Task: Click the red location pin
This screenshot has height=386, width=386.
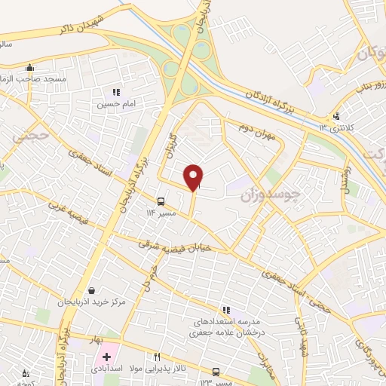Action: click(194, 176)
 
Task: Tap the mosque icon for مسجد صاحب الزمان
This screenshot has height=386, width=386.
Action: click(29, 67)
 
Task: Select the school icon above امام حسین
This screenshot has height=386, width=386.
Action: click(116, 92)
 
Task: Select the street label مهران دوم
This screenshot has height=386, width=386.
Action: click(254, 128)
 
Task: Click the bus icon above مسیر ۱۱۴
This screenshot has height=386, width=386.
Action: click(161, 201)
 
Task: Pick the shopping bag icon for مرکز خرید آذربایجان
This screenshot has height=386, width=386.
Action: click(91, 290)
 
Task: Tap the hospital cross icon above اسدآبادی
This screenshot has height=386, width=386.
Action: click(108, 355)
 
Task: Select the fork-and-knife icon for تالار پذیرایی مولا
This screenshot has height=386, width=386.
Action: click(158, 357)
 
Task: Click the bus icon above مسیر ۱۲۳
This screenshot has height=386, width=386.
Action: click(216, 371)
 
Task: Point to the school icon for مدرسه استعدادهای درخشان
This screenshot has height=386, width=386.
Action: click(225, 309)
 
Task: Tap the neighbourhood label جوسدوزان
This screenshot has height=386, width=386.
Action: click(270, 195)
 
